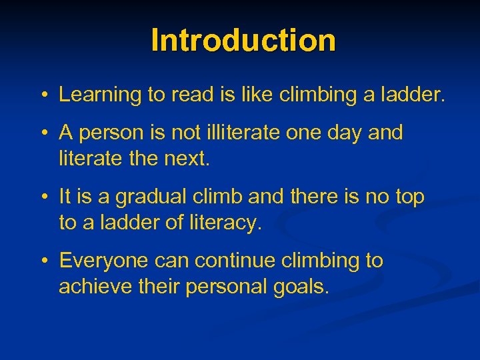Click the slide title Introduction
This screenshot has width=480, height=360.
(243, 40)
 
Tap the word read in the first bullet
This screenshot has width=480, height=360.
(191, 95)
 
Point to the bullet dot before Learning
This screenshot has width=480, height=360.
(42, 95)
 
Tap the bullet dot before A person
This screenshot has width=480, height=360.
(42, 133)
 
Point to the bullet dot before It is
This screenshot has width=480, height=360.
(42, 197)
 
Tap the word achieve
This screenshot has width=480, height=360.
(91, 287)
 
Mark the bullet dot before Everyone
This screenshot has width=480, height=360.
(42, 261)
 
